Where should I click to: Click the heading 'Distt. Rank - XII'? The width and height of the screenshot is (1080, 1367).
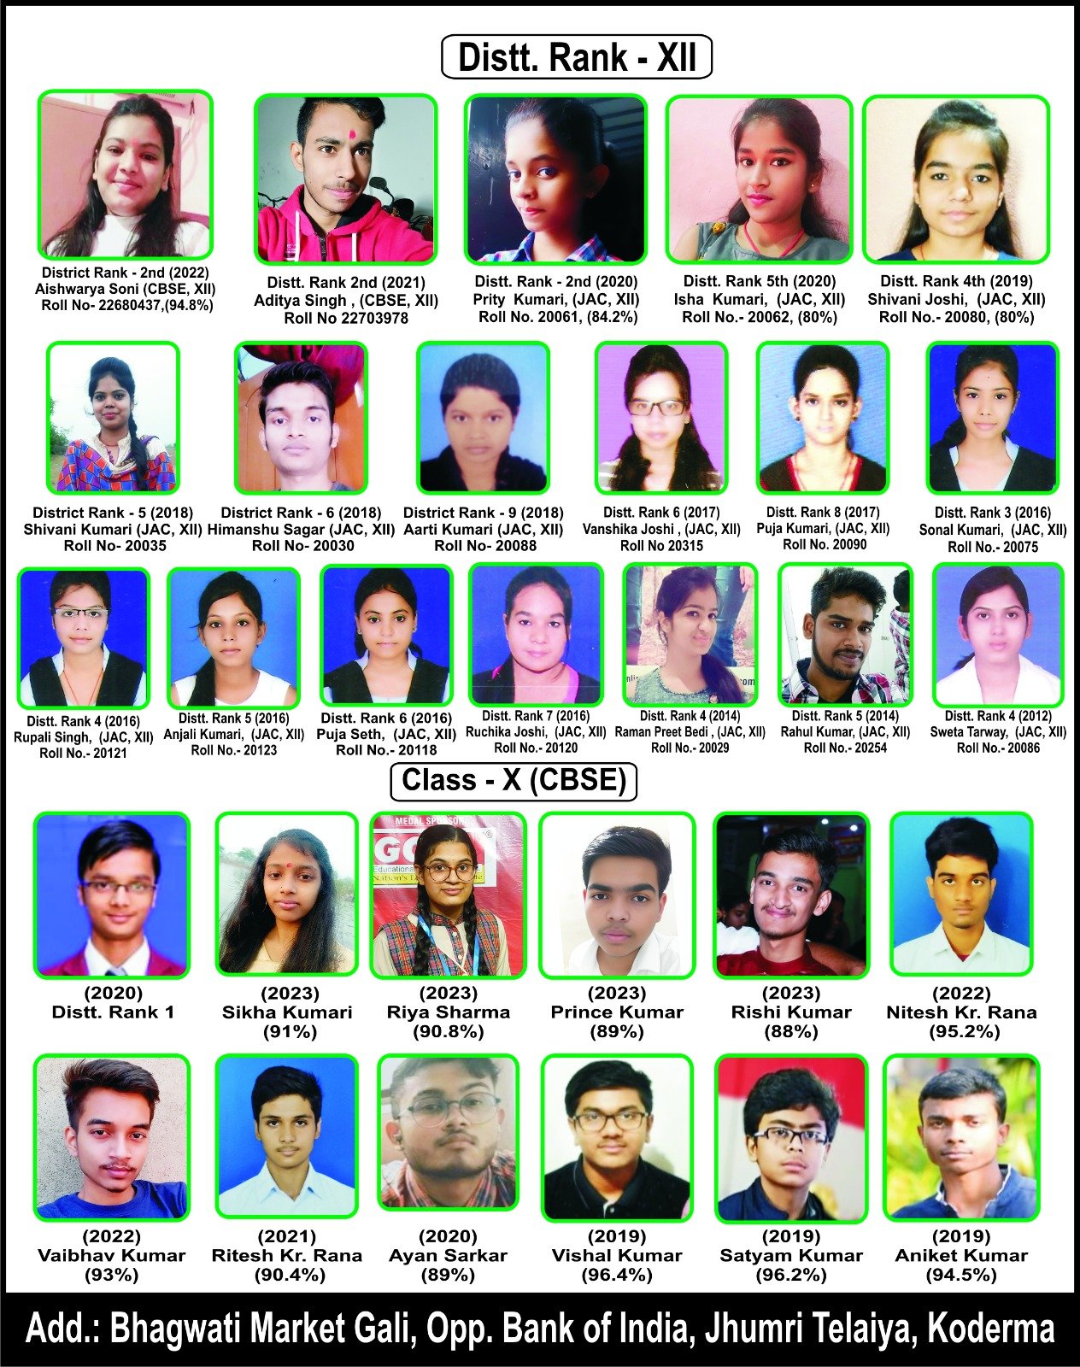point(577,57)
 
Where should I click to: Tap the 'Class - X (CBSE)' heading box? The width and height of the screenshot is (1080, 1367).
point(514,781)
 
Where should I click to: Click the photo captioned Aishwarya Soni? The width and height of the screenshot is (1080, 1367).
point(125,174)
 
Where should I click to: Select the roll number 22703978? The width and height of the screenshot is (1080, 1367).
point(346,319)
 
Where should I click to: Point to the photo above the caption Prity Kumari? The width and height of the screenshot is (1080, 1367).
point(555,179)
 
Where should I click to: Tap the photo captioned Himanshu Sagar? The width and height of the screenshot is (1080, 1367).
point(301,418)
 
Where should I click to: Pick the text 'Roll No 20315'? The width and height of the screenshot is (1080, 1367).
point(661,545)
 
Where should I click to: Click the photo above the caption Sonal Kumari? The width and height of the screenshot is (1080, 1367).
point(992,418)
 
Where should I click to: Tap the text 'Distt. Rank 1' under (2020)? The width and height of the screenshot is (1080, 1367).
point(113,1012)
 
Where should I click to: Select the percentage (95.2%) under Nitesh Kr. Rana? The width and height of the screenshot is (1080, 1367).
point(962,1032)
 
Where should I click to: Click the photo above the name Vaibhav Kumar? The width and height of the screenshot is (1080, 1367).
point(112,1136)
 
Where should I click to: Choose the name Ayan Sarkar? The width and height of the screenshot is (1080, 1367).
point(448,1256)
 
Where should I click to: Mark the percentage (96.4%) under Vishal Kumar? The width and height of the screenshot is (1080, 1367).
point(617,1276)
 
